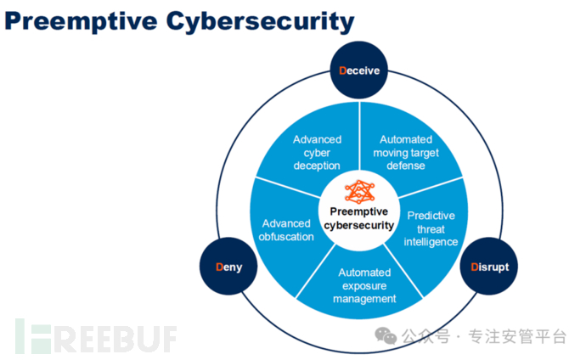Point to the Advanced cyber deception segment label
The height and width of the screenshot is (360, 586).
tap(317, 152)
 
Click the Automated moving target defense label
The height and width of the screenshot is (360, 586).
tap(406, 152)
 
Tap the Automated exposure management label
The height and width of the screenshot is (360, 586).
tap(364, 285)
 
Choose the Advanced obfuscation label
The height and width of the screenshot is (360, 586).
tap(287, 229)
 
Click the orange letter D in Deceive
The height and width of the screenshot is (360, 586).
tap(342, 70)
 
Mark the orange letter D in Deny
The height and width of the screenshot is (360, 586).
tap(218, 267)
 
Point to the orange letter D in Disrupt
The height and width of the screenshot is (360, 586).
tap(475, 267)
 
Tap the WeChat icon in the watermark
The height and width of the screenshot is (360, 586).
tap(387, 337)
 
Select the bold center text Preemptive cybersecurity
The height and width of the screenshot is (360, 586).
tap(359, 218)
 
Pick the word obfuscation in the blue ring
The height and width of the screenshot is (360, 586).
tap(287, 236)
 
